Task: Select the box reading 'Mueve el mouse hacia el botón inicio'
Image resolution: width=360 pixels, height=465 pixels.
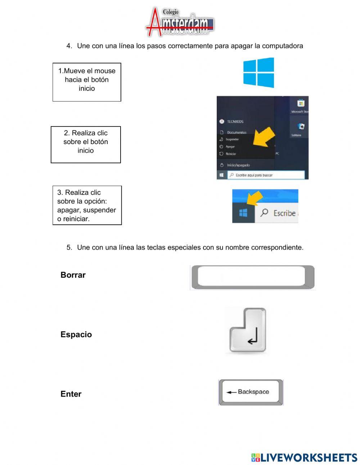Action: click(x=87, y=82)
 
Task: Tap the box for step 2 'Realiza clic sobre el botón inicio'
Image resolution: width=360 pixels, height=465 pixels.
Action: click(x=86, y=144)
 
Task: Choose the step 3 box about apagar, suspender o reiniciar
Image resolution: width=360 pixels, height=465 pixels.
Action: click(x=87, y=205)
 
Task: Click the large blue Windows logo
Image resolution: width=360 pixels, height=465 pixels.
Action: click(x=258, y=73)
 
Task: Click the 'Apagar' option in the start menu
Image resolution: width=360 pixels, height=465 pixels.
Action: click(x=230, y=147)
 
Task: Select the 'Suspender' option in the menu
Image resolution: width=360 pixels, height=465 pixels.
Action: click(x=232, y=139)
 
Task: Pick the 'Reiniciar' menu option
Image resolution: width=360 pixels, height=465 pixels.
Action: click(x=231, y=154)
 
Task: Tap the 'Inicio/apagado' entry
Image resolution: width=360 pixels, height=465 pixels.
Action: click(x=238, y=165)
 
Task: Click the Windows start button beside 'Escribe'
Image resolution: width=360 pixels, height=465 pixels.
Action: click(x=243, y=213)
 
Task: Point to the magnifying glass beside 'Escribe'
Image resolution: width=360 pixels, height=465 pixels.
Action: click(x=265, y=213)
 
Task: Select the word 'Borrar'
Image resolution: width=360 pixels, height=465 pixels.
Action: click(x=73, y=275)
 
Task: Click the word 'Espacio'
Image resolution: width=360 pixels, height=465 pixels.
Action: click(x=76, y=335)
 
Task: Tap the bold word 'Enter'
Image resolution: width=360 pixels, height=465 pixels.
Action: click(x=71, y=394)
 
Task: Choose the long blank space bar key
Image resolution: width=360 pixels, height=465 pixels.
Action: click(x=252, y=277)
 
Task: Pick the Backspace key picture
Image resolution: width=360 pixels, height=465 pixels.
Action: click(x=251, y=392)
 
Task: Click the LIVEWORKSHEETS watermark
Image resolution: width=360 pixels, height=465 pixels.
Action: click(x=304, y=457)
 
